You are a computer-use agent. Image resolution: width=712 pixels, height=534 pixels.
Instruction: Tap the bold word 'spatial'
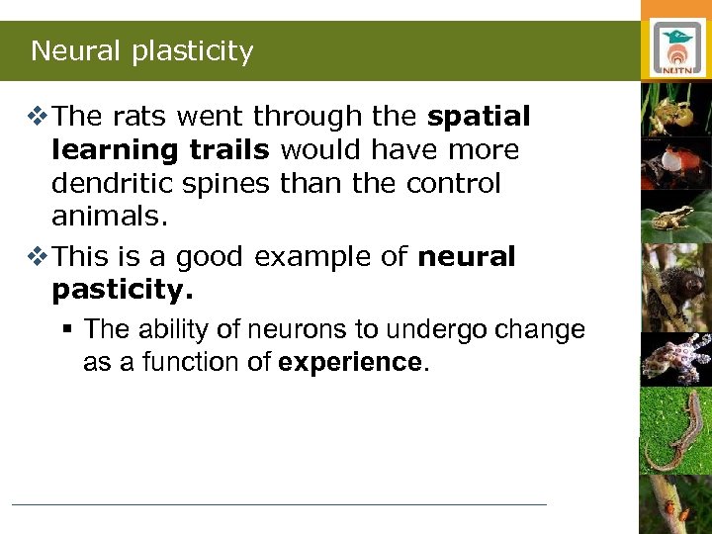coord(479,118)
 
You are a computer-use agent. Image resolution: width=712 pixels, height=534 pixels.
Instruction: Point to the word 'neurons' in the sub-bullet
coord(291,330)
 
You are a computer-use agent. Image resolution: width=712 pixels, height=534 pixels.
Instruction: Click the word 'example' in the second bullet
coord(305,258)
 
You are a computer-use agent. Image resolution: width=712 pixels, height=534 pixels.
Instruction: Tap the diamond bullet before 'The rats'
coord(39,117)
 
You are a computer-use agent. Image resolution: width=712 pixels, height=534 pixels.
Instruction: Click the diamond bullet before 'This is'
coord(39,257)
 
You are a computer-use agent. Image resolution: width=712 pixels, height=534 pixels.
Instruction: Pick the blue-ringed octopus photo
coord(676,358)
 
